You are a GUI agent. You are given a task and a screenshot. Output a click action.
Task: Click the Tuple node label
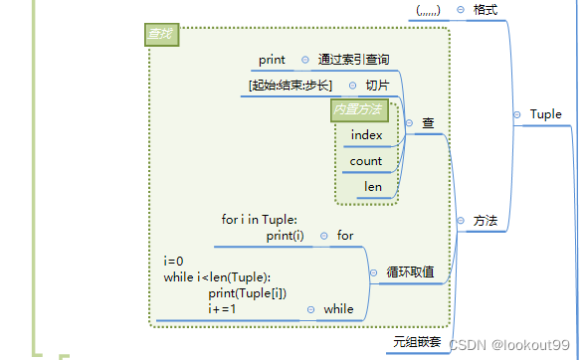pyautogui.click(x=545, y=114)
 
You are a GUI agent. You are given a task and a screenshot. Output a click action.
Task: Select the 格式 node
pyautogui.click(x=486, y=9)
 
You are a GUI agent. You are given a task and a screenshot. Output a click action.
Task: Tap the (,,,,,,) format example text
pyautogui.click(x=428, y=10)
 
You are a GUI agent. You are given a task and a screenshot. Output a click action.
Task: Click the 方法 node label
pyautogui.click(x=486, y=220)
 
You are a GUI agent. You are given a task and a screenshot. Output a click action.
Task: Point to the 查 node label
pyautogui.click(x=428, y=123)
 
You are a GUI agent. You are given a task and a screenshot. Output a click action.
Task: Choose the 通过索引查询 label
pyautogui.click(x=353, y=60)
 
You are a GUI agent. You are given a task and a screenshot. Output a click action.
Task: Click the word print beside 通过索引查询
pyautogui.click(x=272, y=60)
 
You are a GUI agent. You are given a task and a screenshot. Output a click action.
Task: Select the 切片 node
pyautogui.click(x=377, y=85)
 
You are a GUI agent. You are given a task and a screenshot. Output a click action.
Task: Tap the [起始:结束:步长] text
pyautogui.click(x=291, y=85)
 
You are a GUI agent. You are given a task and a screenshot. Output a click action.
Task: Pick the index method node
pyautogui.click(x=366, y=134)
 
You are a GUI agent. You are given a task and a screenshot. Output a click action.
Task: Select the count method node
pyautogui.click(x=366, y=160)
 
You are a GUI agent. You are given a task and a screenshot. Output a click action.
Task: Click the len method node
pyautogui.click(x=373, y=186)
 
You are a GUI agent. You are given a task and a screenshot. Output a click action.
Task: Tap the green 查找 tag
pyautogui.click(x=160, y=35)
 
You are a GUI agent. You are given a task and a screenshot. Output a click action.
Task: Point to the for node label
pyautogui.click(x=345, y=236)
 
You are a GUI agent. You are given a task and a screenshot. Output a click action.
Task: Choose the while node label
pyautogui.click(x=338, y=309)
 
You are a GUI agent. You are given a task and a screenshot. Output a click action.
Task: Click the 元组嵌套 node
pyautogui.click(x=416, y=342)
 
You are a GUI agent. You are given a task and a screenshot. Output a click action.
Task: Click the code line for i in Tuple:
pyautogui.click(x=260, y=220)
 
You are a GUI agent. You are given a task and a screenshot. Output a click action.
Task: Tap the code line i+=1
pyautogui.click(x=222, y=309)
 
